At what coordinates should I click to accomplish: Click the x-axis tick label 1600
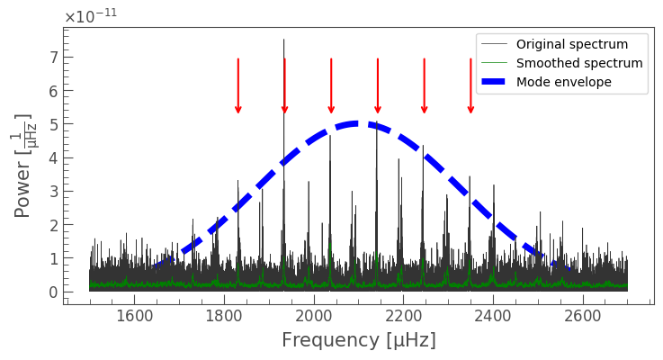tap(134, 316)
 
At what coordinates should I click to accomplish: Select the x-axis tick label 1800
tap(224, 316)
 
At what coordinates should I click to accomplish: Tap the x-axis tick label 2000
tap(314, 316)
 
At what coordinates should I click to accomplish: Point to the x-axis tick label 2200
tap(403, 316)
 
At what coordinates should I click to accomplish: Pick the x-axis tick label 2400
tap(493, 316)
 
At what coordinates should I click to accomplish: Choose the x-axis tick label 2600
tap(583, 316)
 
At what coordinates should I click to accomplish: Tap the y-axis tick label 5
tap(52, 124)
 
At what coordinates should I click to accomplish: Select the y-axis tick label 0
tap(52, 292)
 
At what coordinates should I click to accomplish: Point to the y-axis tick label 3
tap(52, 192)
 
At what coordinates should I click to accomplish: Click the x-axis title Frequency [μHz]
tap(358, 340)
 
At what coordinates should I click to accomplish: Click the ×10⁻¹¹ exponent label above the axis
tap(90, 15)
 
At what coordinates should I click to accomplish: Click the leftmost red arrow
tap(238, 86)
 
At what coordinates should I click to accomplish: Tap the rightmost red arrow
tap(470, 86)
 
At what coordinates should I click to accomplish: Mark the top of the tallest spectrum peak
tap(283, 40)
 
